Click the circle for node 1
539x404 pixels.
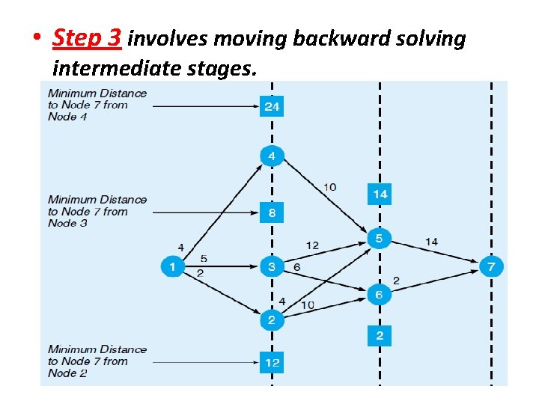(x=173, y=266)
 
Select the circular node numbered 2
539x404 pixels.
(x=272, y=320)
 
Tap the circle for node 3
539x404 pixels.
(x=272, y=266)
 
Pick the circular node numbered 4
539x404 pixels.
(x=272, y=156)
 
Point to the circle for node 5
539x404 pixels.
(x=379, y=239)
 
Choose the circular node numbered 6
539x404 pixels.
(x=379, y=294)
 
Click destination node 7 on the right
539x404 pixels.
(x=491, y=266)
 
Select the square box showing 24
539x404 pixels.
(x=272, y=106)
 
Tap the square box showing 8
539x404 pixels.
(x=272, y=212)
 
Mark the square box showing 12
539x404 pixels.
(x=272, y=363)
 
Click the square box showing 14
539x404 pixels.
(x=380, y=195)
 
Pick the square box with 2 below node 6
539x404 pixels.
(x=380, y=335)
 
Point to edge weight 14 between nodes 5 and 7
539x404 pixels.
(x=431, y=241)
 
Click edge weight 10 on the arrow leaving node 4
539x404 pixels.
(x=329, y=186)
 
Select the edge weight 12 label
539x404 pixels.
(x=312, y=245)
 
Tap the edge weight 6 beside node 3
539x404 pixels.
(x=297, y=267)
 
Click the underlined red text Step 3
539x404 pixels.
(x=87, y=38)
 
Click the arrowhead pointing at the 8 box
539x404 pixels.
(x=255, y=212)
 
